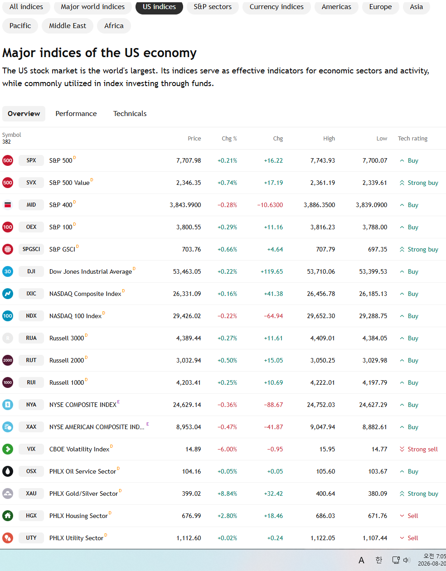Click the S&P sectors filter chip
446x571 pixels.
tap(213, 7)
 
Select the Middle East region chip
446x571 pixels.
tap(67, 26)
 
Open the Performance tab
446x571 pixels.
tap(76, 113)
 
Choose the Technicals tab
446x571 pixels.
tap(130, 113)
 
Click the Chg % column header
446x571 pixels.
tap(229, 139)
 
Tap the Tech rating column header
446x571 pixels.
tap(412, 139)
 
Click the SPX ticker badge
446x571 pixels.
tap(31, 160)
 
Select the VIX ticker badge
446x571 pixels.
tap(31, 449)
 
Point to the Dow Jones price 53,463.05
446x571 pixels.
tap(187, 271)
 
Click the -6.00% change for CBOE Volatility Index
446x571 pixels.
tap(227, 449)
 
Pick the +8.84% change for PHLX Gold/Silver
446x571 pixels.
tap(227, 494)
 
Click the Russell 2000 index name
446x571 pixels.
tap(67, 360)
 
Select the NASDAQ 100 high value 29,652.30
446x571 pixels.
tap(321, 316)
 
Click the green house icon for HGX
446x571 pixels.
tap(8, 516)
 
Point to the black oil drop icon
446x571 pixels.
tap(8, 471)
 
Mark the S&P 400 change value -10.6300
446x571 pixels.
tap(270, 205)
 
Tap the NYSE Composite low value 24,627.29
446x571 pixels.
tap(373, 405)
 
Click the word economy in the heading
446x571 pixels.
tap(170, 53)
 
